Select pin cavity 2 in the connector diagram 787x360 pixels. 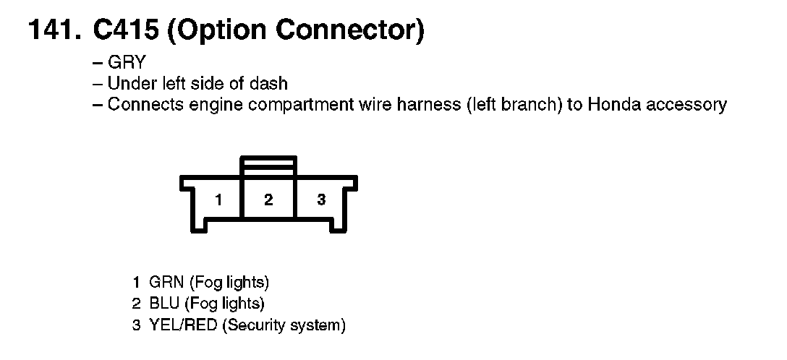coord(268,200)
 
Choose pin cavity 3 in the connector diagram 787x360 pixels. coord(321,200)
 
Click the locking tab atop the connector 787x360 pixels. coord(268,164)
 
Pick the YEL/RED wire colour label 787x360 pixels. coord(183,325)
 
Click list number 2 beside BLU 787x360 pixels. coord(136,304)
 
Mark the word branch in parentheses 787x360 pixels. coord(523,105)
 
